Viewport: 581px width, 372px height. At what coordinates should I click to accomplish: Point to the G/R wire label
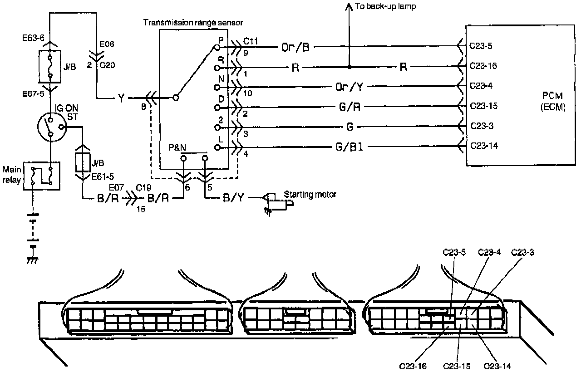[x=350, y=107]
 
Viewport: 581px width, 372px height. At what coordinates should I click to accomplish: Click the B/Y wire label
[x=232, y=198]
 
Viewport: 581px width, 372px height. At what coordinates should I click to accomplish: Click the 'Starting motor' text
[x=310, y=194]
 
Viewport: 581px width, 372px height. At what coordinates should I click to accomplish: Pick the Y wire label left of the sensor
[x=121, y=98]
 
